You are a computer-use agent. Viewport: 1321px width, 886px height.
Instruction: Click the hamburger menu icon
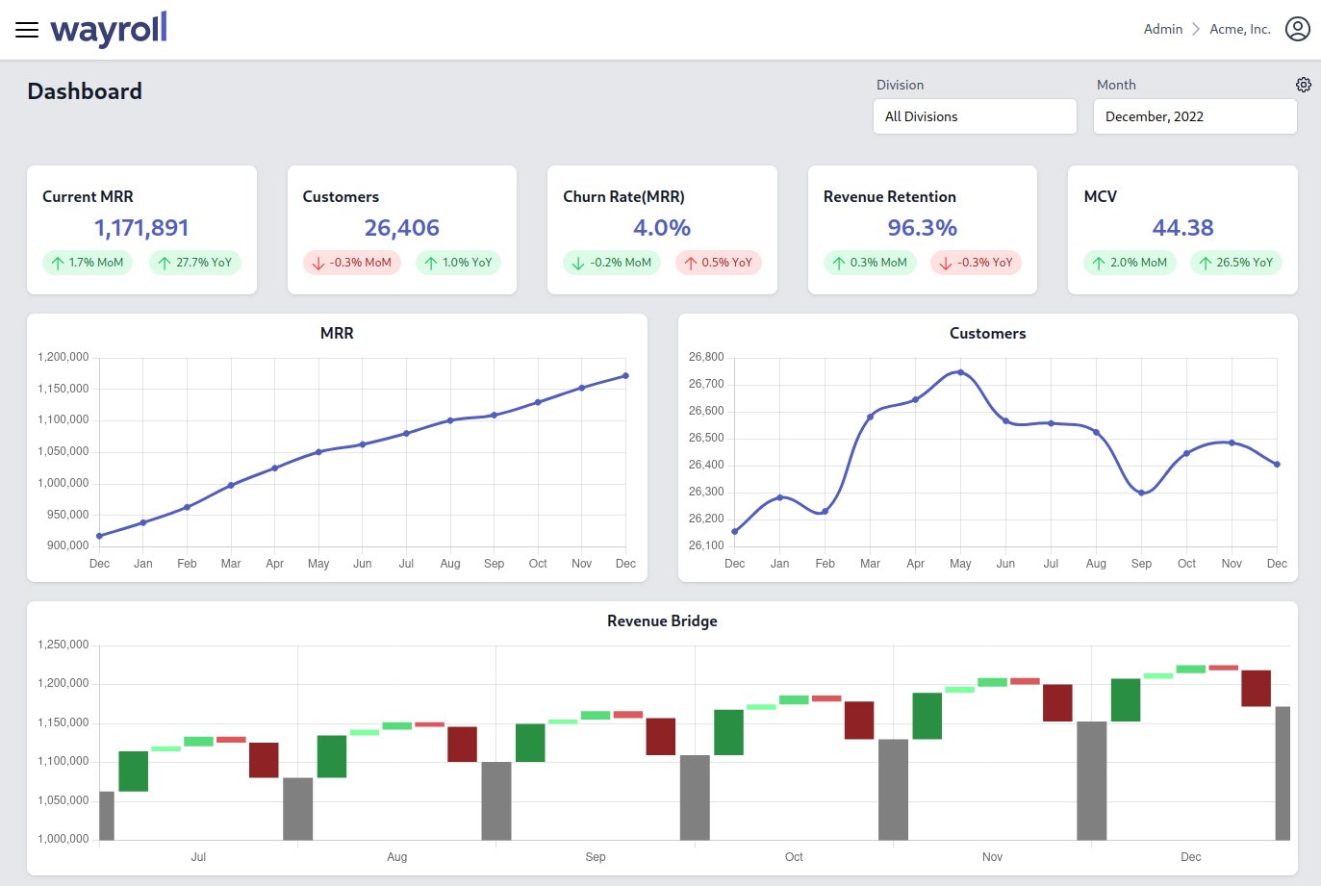point(27,30)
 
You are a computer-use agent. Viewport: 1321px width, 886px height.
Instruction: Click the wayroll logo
point(109,29)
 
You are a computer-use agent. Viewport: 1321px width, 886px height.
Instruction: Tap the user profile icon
point(1297,29)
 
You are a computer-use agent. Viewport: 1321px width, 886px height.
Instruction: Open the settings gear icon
point(1303,85)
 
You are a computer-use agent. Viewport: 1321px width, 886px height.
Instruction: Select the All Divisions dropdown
point(974,116)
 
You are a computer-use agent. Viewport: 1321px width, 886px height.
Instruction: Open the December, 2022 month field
point(1194,116)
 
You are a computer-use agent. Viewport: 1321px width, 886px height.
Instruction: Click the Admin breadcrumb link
point(1162,29)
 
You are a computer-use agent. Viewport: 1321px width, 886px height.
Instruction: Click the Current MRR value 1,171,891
point(141,228)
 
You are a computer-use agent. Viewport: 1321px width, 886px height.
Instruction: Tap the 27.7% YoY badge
point(195,263)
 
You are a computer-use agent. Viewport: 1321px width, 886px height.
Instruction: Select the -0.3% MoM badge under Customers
point(352,263)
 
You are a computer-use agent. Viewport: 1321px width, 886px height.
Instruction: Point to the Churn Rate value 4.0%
point(662,228)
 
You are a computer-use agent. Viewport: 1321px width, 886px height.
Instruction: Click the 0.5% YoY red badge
point(718,263)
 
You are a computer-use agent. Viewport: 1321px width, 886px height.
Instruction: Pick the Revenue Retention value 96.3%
point(922,228)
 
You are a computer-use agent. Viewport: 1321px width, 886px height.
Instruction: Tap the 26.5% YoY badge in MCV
point(1235,263)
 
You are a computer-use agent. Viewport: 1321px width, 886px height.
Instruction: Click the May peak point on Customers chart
point(960,372)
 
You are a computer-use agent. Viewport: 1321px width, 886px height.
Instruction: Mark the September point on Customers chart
point(1141,493)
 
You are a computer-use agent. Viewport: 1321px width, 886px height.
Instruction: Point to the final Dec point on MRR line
point(625,376)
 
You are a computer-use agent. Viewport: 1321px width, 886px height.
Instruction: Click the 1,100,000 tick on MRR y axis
point(64,419)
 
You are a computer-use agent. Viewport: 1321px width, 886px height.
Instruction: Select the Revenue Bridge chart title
point(662,620)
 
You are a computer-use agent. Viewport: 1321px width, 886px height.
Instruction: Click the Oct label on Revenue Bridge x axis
point(794,856)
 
